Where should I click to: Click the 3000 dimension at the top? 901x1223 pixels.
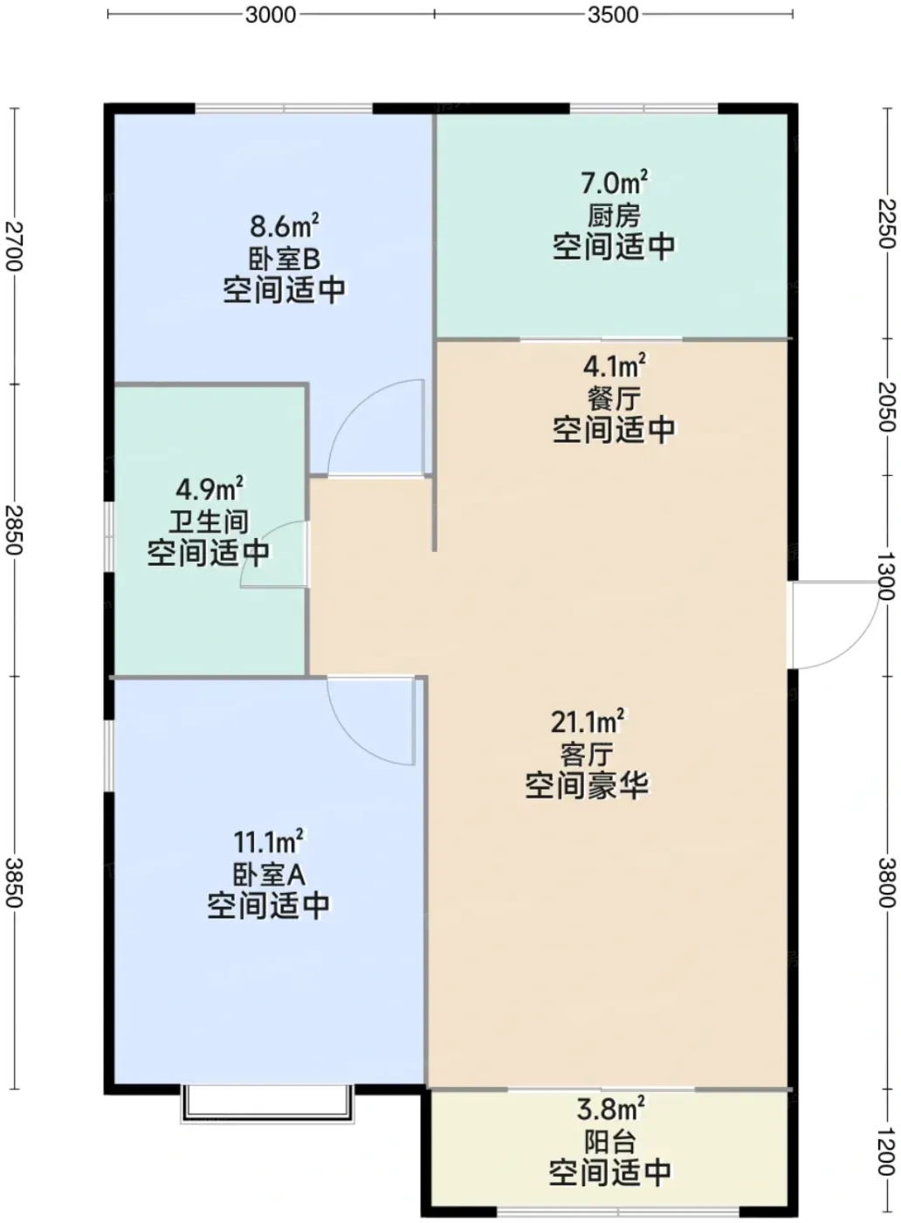[270, 15]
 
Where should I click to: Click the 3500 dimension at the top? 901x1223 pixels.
[613, 15]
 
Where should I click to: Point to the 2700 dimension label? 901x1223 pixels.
[14, 245]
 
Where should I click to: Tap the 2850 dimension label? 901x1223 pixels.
[14, 529]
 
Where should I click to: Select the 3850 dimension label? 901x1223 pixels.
[14, 882]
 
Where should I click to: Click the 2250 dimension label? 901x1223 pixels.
[888, 224]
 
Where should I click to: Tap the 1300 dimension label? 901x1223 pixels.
[888, 577]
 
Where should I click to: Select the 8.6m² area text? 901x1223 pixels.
[285, 225]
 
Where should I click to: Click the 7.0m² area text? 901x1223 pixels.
[615, 182]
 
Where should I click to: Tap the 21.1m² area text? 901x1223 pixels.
[588, 722]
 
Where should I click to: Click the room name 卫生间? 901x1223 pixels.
[209, 522]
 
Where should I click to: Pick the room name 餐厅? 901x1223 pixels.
[614, 398]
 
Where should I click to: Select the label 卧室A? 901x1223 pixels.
[269, 874]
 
